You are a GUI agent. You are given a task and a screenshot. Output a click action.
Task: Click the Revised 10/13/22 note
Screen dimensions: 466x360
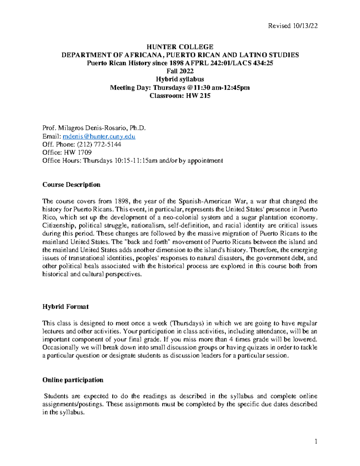pyautogui.click(x=293, y=26)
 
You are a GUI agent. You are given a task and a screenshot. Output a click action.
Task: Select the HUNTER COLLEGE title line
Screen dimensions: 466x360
pyautogui.click(x=180, y=47)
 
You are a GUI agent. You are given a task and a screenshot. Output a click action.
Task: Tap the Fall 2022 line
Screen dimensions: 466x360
pyautogui.click(x=180, y=71)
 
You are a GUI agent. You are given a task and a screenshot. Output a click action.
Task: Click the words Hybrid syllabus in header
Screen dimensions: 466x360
pyautogui.click(x=180, y=79)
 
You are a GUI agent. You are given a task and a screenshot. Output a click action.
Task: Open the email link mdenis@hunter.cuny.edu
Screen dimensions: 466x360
pyautogui.click(x=99, y=137)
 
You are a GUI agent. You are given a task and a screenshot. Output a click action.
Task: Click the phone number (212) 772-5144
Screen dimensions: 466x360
pyautogui.click(x=99, y=144)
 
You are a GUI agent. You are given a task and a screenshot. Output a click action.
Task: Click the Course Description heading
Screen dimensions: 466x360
pyautogui.click(x=71, y=185)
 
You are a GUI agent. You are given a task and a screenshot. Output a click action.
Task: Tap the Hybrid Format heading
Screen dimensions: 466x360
pyautogui.click(x=65, y=307)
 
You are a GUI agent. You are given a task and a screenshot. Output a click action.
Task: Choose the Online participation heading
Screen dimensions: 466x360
pyautogui.click(x=73, y=380)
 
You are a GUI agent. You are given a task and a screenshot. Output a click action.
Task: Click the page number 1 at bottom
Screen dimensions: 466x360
pyautogui.click(x=316, y=441)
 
